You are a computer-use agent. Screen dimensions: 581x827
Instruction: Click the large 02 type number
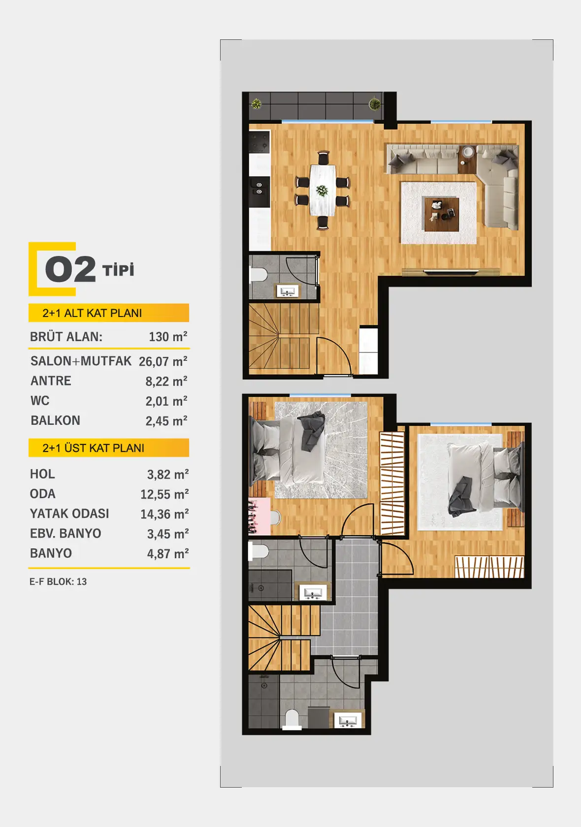pyautogui.click(x=70, y=269)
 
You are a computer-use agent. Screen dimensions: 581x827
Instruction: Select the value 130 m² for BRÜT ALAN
pyautogui.click(x=168, y=337)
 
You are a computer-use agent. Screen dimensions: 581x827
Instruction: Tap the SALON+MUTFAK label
pyautogui.click(x=81, y=361)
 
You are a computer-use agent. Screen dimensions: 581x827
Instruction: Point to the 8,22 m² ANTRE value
pyautogui.click(x=166, y=381)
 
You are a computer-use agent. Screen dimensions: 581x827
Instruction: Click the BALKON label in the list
pyautogui.click(x=56, y=420)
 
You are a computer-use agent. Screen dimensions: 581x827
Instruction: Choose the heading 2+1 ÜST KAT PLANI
pyautogui.click(x=94, y=448)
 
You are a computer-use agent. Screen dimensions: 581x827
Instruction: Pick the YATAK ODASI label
pyautogui.click(x=69, y=513)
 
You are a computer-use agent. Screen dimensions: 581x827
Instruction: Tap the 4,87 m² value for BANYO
pyautogui.click(x=168, y=554)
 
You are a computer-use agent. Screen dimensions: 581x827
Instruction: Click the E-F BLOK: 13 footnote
pyautogui.click(x=58, y=582)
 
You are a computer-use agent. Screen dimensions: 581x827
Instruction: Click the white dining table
pyautogui.click(x=323, y=190)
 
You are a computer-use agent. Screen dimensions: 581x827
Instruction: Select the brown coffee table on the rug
pyautogui.click(x=441, y=214)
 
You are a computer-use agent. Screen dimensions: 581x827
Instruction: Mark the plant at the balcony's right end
pyautogui.click(x=375, y=104)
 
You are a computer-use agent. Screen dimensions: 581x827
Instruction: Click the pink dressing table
pyautogui.click(x=259, y=516)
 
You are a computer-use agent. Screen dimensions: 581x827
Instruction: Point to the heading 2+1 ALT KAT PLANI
pyautogui.click(x=92, y=313)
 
